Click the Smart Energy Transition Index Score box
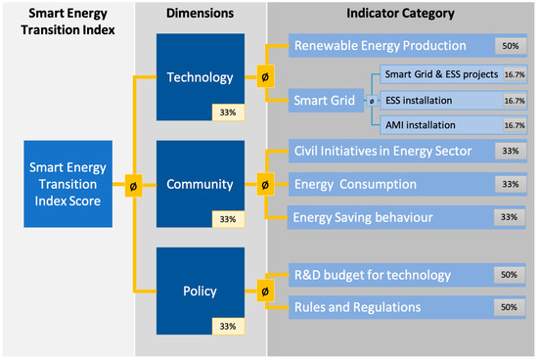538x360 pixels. coord(67,184)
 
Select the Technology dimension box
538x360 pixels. coord(201,77)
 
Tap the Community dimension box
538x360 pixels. coord(201,184)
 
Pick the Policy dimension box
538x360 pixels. coord(201,291)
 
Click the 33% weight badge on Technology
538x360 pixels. coord(228,112)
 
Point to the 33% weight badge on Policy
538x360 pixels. coord(228,326)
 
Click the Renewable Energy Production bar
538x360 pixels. coord(408,46)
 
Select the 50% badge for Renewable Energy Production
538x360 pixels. coord(511,46)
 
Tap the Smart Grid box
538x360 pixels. coord(326,101)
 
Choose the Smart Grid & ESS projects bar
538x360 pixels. coord(454,74)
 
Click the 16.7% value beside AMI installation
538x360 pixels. coord(515,125)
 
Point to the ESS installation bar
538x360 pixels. coord(454,101)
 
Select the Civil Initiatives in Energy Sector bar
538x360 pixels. coord(408,151)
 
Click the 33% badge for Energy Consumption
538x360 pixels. coord(511,184)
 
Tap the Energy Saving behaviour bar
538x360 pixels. coord(406,217)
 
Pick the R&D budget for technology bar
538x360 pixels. coord(407,275)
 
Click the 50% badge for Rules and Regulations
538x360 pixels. coord(510,307)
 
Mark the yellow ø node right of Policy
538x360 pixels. coord(265,292)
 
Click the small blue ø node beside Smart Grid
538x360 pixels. coord(372,101)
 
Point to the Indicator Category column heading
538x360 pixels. coord(400,14)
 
